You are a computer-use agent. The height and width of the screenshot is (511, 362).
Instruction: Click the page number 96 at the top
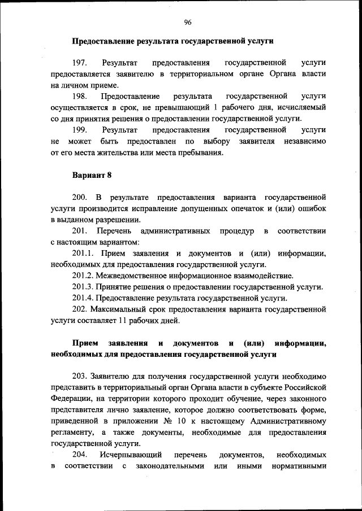click(x=188, y=22)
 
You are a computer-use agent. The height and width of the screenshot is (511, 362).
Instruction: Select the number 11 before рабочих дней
click(x=105, y=321)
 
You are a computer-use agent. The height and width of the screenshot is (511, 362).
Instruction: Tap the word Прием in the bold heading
click(x=84, y=343)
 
